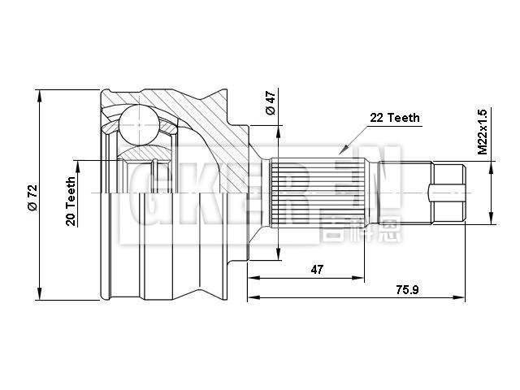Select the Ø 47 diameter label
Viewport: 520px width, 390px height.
tap(271, 104)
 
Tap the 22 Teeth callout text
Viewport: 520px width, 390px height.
tap(395, 118)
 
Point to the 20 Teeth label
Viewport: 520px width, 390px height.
tap(71, 201)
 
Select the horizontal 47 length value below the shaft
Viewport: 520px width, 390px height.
tap(318, 269)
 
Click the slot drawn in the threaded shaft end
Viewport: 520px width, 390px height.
tap(447, 193)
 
